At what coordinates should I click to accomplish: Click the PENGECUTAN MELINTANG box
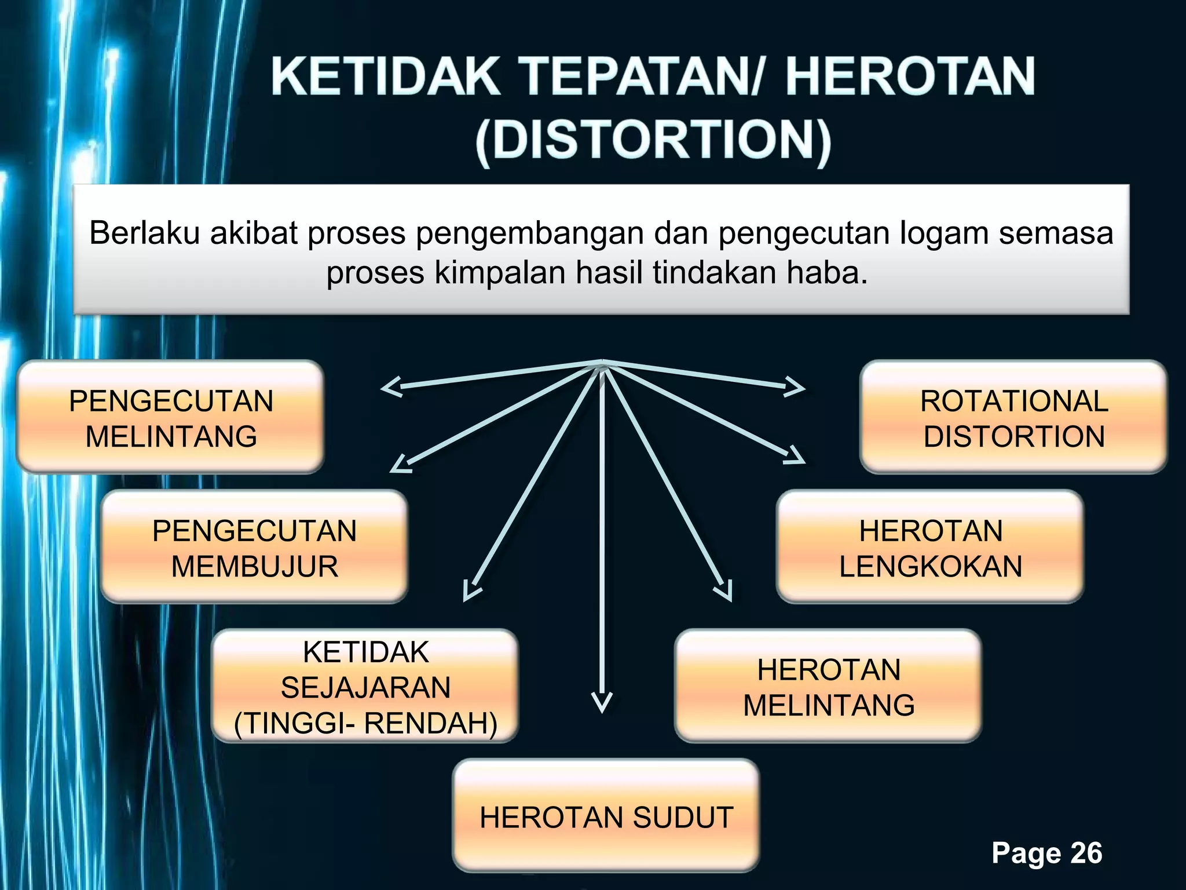(x=170, y=418)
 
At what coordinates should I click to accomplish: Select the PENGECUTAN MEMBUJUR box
(x=254, y=548)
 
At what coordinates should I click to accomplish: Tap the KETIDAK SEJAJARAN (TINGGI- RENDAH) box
(x=365, y=687)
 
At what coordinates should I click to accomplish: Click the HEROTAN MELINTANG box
(x=828, y=687)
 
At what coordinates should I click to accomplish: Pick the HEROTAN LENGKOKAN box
(x=930, y=548)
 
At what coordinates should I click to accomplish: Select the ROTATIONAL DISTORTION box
(x=1013, y=418)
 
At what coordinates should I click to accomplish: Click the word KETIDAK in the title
(x=385, y=76)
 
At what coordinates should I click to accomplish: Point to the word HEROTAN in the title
(x=909, y=76)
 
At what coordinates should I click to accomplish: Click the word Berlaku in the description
(x=145, y=233)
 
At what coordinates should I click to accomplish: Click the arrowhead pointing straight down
(x=602, y=702)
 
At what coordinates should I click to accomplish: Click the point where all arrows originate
(x=602, y=363)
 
